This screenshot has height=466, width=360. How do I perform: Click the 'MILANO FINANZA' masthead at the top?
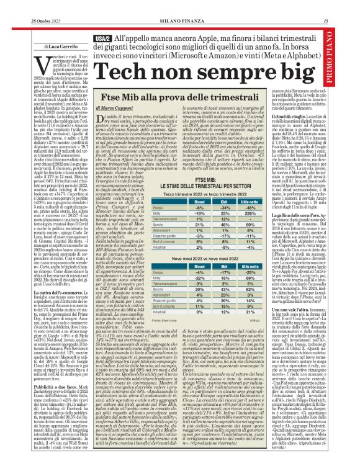[180, 6]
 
